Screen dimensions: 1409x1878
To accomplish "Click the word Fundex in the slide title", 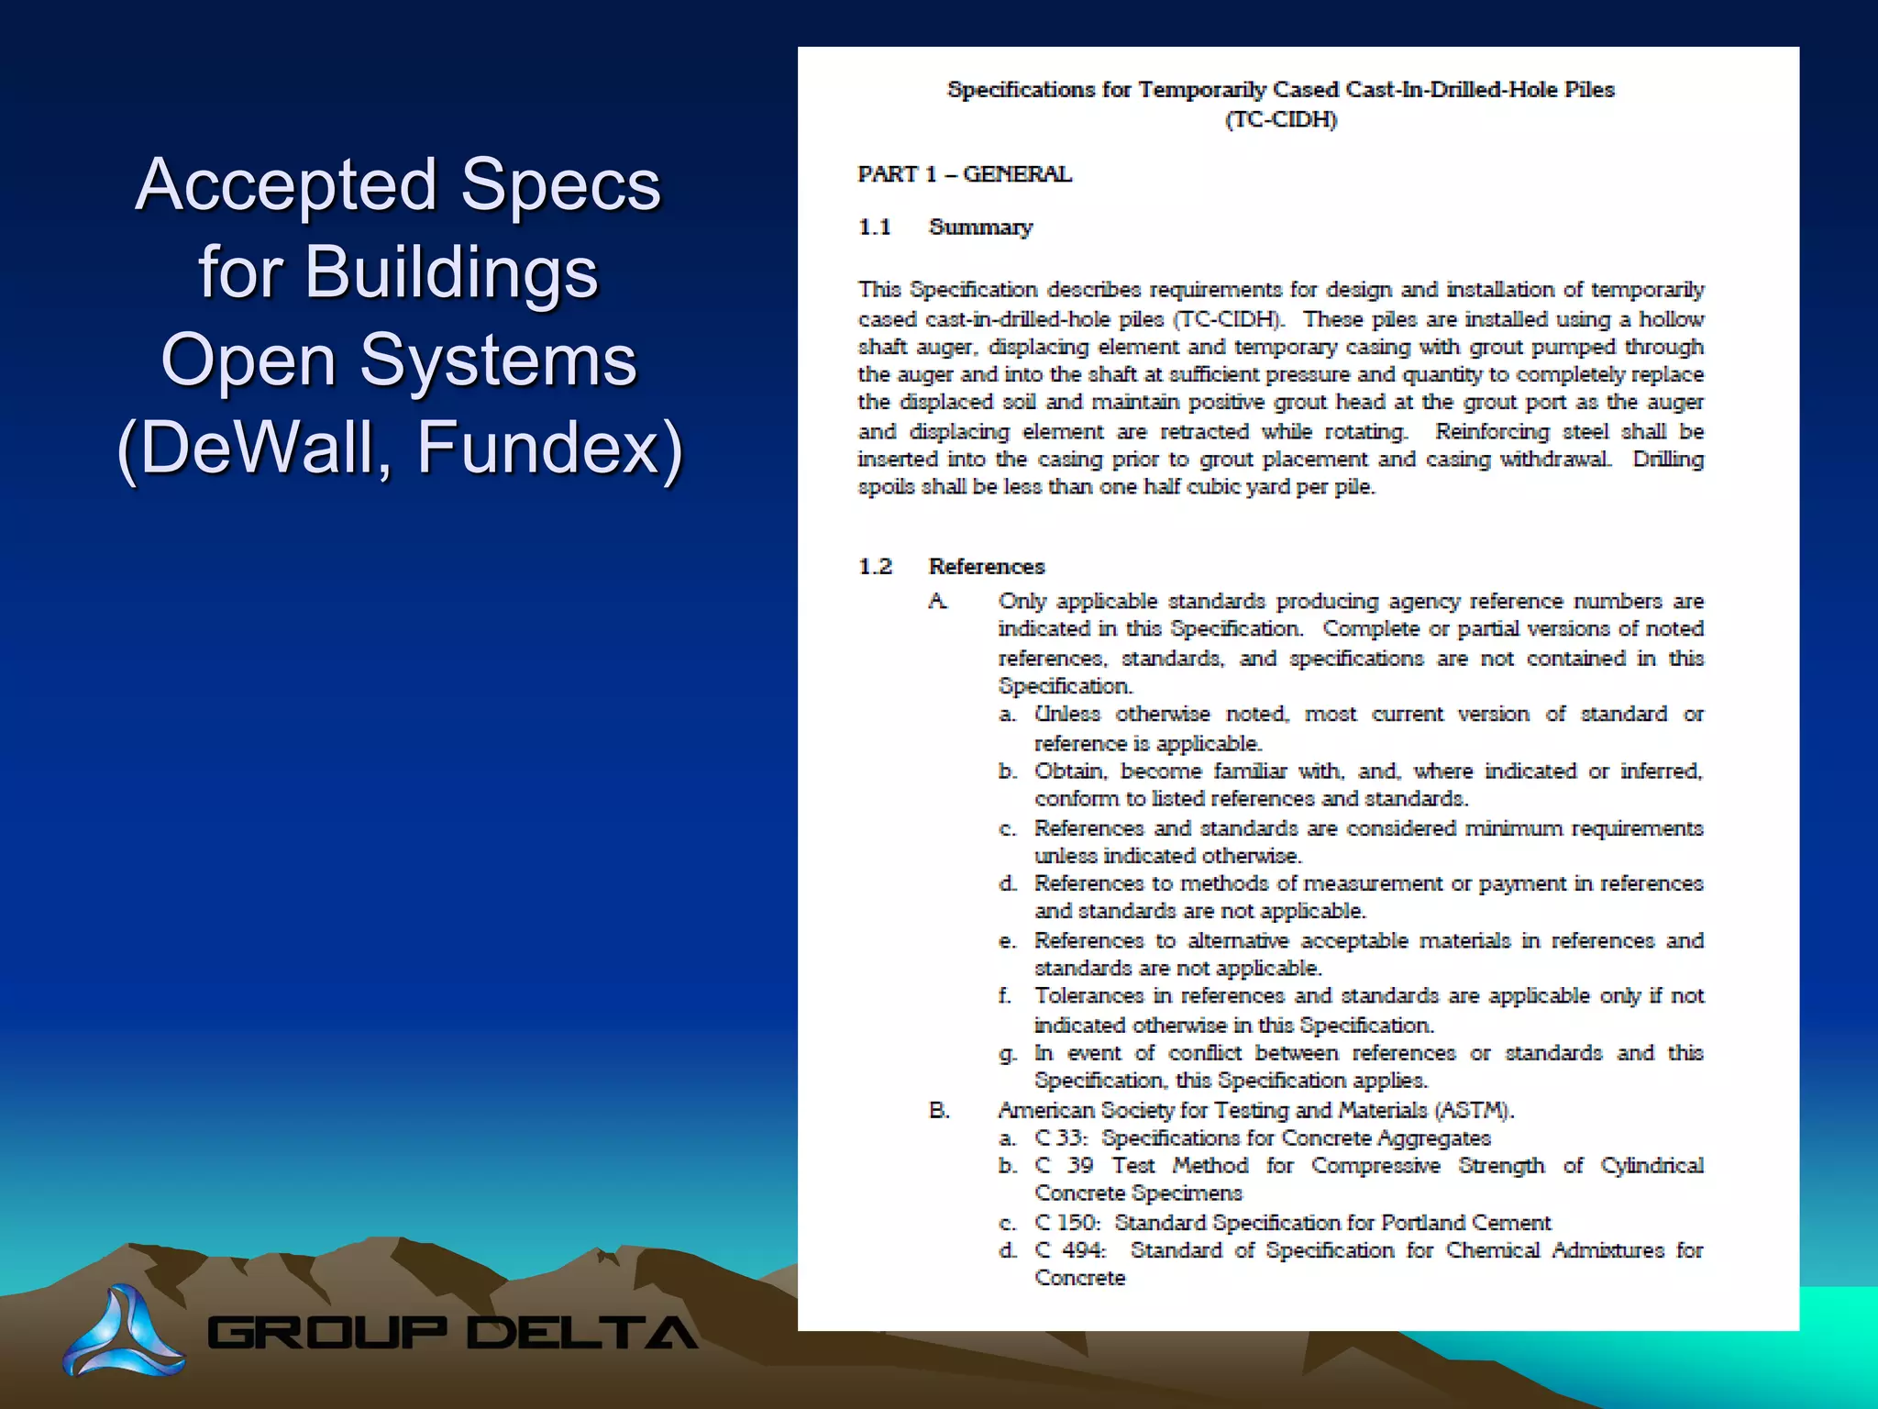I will [x=550, y=448].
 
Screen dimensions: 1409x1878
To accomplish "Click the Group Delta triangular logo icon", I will [x=123, y=1331].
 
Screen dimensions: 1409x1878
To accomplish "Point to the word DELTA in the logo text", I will [x=583, y=1333].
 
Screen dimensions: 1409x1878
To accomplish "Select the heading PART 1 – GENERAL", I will [x=964, y=174].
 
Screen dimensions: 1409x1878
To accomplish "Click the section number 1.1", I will [x=874, y=227].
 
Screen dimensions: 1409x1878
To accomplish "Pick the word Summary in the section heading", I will [x=980, y=227].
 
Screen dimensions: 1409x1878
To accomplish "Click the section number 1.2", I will [x=874, y=567].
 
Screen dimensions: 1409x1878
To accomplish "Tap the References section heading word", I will [x=987, y=567].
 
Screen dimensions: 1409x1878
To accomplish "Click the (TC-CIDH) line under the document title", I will [x=1281, y=120].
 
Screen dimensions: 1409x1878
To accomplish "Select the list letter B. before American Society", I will [x=939, y=1111].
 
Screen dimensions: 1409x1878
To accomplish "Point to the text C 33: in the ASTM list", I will [x=1062, y=1138].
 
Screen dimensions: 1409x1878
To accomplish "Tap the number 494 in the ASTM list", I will [x=1084, y=1250].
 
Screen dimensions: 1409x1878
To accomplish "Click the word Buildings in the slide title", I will [x=398, y=272].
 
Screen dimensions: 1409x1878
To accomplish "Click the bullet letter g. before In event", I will [x=1007, y=1054].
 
